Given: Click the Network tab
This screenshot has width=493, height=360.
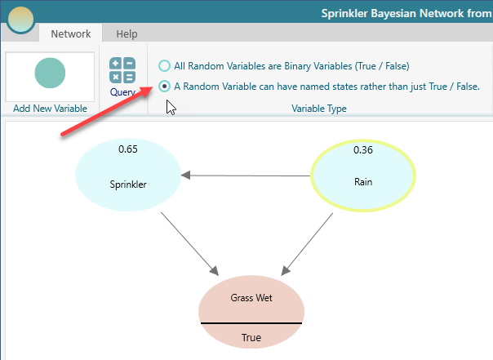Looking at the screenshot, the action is pos(71,33).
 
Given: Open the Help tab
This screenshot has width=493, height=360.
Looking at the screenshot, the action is pos(127,33).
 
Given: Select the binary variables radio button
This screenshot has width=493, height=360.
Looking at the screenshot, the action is pos(164,65).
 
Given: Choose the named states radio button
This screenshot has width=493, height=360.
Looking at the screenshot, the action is pos(164,87).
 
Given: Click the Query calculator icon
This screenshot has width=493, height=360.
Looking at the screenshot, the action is pos(122,70).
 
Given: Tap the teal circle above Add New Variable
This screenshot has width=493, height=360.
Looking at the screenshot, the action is pos(50,73).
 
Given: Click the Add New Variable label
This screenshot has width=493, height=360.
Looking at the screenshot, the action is pos(50,109).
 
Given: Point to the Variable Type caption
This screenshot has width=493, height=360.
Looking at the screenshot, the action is pos(319,109).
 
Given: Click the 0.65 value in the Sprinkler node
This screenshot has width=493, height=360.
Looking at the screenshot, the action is pos(128,149).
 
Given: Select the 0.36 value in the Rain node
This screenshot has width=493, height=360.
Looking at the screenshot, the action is pos(363,149).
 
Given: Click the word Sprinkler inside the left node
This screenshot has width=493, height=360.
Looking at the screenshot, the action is pos(128,184).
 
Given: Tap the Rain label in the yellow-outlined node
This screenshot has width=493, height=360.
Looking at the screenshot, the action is pos(363,182).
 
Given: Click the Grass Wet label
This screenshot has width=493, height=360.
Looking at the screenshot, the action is pos(251,297).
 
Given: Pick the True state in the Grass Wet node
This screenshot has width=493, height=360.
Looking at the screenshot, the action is pos(251,337).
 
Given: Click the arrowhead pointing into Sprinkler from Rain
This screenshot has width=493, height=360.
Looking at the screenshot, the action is pos(185,176).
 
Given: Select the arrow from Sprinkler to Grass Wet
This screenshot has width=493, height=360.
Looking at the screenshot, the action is pos(189,243).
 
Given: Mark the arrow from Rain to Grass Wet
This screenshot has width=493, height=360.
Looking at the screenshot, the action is pos(307,244).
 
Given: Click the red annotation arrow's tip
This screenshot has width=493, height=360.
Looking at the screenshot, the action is pos(153,87).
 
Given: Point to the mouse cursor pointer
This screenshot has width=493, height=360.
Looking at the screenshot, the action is pos(171,108).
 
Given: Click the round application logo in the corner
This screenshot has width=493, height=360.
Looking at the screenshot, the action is pos(20,20).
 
